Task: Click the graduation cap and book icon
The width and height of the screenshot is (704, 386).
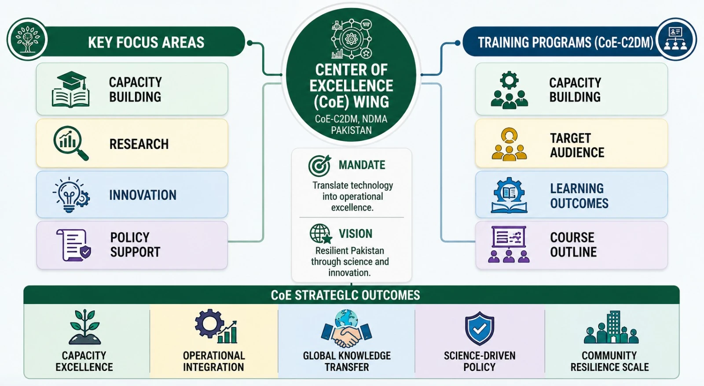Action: [x=71, y=89]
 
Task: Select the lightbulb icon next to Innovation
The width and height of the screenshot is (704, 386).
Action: [x=71, y=195]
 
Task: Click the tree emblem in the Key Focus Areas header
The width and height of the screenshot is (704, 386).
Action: [x=28, y=39]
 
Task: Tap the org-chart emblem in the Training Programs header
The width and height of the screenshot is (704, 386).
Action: [x=676, y=39]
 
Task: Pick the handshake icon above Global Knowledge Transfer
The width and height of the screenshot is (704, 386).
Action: [x=346, y=328]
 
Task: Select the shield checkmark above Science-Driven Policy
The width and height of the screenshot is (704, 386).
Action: [x=480, y=328]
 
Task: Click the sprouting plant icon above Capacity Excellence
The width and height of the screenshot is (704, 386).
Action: [x=84, y=327]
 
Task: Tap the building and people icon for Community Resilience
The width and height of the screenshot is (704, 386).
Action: [x=611, y=327]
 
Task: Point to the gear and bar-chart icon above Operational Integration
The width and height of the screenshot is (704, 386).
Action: [x=216, y=326]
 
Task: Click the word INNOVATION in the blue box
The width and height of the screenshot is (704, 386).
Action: [x=143, y=195]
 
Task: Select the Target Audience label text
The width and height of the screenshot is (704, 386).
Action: [x=577, y=145]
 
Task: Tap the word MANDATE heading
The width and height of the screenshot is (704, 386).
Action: [x=362, y=165]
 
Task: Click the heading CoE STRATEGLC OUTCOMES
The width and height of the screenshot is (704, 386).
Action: [x=345, y=295]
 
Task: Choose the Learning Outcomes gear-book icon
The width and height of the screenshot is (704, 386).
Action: [x=509, y=195]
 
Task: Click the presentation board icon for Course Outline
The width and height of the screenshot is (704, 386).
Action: [x=509, y=244]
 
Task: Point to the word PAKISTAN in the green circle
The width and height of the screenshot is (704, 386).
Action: [x=352, y=130]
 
